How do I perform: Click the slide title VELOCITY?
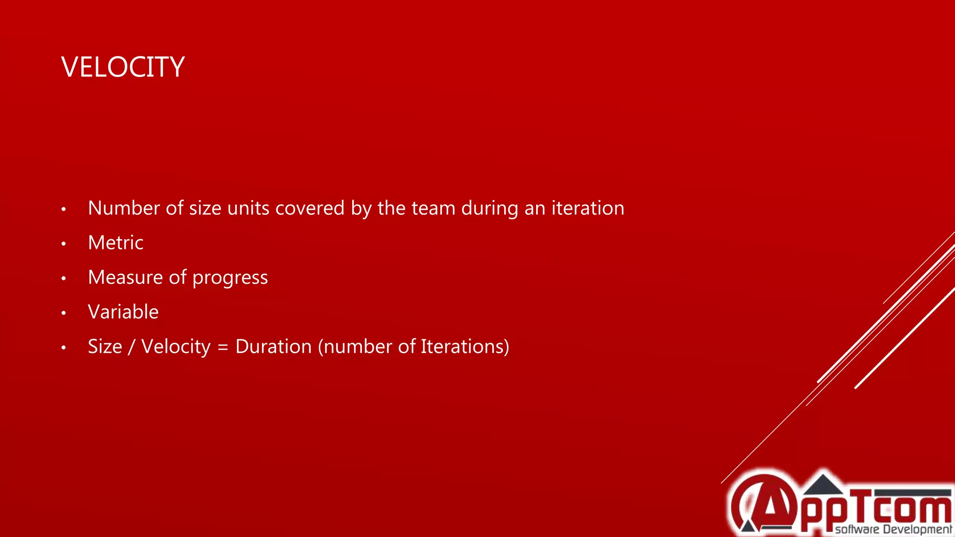tap(123, 67)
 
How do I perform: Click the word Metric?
tap(116, 243)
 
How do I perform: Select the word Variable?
tap(123, 312)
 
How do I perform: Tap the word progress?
tap(230, 278)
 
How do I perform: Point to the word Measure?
tap(125, 277)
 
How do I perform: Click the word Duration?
tap(273, 347)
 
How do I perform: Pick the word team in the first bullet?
tap(433, 208)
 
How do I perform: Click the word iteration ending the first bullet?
tap(588, 208)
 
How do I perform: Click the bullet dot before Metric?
tap(64, 244)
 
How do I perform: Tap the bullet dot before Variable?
tap(64, 313)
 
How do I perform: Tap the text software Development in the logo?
tap(893, 530)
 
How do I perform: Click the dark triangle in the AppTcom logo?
tap(823, 485)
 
